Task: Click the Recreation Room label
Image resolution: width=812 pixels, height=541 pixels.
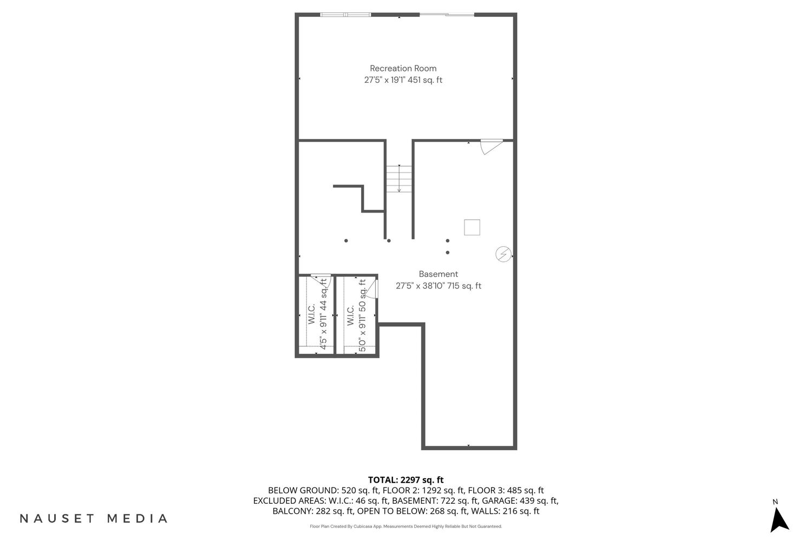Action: pos(403,68)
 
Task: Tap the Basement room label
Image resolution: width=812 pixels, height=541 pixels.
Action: pos(438,274)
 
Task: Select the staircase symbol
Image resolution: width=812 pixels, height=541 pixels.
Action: pos(399,179)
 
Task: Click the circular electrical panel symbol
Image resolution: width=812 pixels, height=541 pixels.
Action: pos(503,254)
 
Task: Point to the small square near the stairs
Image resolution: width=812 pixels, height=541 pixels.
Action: pos(472,227)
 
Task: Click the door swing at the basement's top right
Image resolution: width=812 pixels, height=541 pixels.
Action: pos(492,147)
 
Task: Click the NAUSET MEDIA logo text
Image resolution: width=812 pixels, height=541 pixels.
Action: pos(94,518)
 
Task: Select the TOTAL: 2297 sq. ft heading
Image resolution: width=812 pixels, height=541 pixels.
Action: pos(405,480)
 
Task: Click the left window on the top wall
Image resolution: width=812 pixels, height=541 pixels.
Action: pos(345,15)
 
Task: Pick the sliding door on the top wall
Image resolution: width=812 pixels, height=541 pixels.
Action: pos(447,15)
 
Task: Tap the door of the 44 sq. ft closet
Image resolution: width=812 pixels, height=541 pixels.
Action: pos(321,280)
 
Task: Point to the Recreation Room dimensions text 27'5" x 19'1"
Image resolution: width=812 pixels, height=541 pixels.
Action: pos(384,80)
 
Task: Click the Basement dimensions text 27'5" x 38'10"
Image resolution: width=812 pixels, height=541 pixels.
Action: pos(420,286)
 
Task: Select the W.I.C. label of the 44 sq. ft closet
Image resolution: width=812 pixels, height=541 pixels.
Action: pos(311,314)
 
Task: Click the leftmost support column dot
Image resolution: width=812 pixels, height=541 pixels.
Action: pos(346,241)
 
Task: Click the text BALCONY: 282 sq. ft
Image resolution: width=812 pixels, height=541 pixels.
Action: pos(313,511)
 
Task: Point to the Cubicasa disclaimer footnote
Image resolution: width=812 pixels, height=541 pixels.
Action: pos(405,526)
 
